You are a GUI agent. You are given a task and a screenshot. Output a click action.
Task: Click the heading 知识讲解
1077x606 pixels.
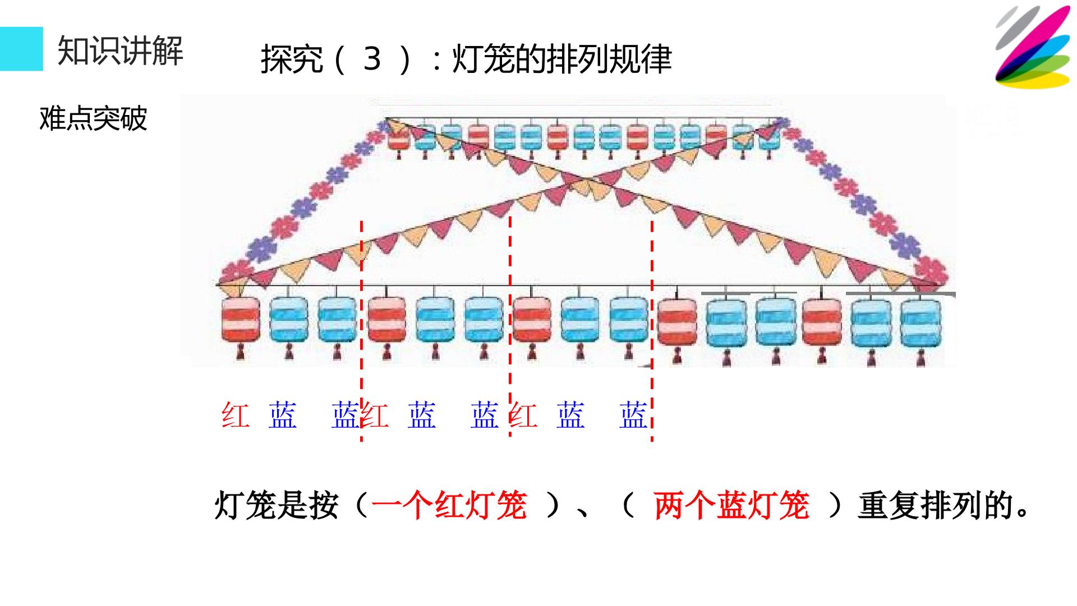[121, 50]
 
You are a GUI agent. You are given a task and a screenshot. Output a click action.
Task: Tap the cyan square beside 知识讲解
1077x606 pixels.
[21, 49]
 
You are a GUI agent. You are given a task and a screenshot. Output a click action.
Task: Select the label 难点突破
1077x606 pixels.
[93, 118]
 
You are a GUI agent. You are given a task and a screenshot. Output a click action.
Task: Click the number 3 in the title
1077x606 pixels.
[372, 58]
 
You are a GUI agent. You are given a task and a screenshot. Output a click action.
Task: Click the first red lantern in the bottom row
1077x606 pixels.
[241, 322]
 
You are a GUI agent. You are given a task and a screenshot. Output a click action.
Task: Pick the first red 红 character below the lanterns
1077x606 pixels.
[235, 415]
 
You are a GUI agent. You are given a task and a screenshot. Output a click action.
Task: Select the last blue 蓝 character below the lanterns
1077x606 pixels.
[633, 415]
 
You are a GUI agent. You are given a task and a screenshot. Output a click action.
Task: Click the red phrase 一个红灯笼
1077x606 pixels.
[449, 505]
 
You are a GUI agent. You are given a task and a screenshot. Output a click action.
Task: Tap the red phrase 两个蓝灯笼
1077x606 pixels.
[731, 505]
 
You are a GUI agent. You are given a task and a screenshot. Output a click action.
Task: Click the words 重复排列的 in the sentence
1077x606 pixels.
[935, 505]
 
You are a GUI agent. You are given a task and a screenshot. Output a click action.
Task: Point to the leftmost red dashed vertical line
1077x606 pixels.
[361, 331]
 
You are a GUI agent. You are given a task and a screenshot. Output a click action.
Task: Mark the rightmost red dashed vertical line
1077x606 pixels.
[652, 331]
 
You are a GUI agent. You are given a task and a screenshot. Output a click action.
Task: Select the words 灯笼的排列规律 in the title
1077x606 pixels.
[561, 58]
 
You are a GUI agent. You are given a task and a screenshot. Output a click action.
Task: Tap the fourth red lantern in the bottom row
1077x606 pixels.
[677, 324]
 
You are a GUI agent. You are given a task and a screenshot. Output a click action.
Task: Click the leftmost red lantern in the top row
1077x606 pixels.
[399, 138]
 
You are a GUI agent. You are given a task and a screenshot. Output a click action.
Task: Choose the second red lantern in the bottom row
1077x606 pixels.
[386, 322]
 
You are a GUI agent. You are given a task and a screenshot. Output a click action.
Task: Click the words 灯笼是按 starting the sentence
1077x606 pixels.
[277, 505]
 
